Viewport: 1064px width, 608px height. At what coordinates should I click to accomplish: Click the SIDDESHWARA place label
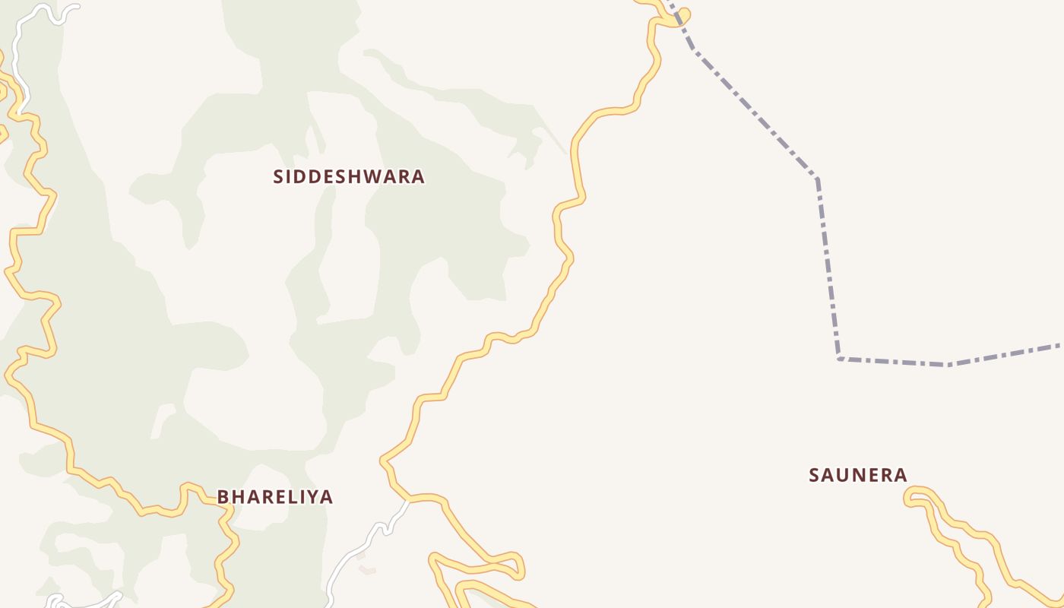(349, 176)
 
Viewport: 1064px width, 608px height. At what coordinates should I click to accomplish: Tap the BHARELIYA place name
(275, 497)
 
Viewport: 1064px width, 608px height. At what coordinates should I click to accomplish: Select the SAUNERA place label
(858, 475)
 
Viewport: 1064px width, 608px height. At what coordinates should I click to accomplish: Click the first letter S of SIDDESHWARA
(279, 176)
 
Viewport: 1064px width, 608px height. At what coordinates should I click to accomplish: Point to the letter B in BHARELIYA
(223, 497)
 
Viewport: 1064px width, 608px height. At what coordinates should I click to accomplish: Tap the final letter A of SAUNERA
(901, 475)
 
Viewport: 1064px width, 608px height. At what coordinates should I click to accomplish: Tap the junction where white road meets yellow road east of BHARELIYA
(409, 500)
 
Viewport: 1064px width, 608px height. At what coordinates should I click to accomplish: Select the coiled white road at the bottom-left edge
(57, 600)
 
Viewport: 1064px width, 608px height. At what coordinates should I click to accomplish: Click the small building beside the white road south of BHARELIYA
(367, 569)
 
